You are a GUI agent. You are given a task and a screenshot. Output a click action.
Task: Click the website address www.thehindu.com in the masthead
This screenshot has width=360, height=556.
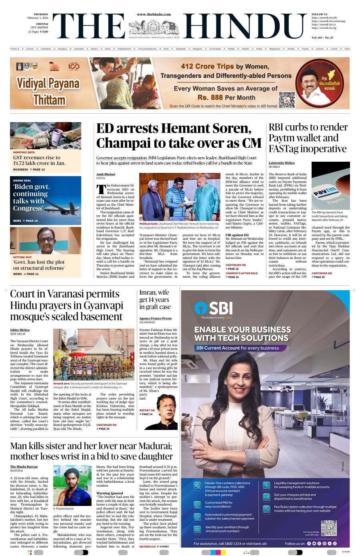point(154,14)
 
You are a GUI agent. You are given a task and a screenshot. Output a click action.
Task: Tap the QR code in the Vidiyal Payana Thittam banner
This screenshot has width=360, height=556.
point(286,99)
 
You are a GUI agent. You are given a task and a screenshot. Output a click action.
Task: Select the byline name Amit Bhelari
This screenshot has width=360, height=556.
point(106,174)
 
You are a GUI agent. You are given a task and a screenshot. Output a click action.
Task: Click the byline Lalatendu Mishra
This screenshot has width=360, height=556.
point(282,163)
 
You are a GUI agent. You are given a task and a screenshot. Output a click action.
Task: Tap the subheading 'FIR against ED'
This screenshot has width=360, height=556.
point(237,235)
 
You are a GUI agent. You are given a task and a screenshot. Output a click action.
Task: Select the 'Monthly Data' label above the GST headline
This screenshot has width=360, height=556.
point(24,153)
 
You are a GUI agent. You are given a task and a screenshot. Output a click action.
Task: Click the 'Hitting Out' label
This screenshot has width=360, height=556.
point(22,257)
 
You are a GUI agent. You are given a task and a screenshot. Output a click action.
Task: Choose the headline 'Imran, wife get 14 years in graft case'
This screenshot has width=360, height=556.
point(154,299)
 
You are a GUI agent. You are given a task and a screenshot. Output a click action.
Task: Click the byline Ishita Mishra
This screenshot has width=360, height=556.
point(20,330)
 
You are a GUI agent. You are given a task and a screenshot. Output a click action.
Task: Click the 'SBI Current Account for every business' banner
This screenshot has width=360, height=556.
point(242,348)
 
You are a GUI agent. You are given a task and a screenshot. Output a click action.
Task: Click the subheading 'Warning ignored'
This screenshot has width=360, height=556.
point(110,493)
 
